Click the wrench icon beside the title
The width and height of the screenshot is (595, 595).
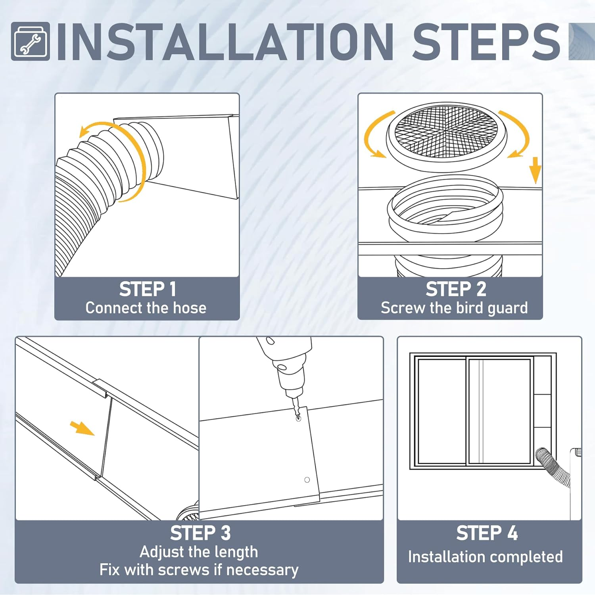click(x=31, y=42)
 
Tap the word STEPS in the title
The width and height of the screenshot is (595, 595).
click(x=486, y=42)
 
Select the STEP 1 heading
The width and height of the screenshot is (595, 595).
click(x=148, y=289)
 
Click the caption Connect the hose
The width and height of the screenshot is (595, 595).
click(x=146, y=308)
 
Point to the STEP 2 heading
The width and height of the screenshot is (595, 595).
click(x=456, y=289)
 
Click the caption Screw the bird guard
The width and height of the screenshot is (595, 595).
click(x=454, y=308)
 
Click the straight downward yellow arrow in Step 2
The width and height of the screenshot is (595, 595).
click(x=535, y=170)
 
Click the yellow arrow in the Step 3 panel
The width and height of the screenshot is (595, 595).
click(x=83, y=429)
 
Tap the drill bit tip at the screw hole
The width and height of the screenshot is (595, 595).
click(x=298, y=417)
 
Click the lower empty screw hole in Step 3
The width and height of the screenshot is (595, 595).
click(x=307, y=480)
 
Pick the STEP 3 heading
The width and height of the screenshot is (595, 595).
click(x=200, y=533)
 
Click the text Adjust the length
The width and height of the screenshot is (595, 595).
click(x=199, y=552)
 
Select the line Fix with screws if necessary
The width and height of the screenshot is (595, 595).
click(x=199, y=570)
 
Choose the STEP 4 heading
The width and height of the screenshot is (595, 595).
click(x=487, y=533)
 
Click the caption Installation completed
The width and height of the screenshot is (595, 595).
click(x=485, y=557)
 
